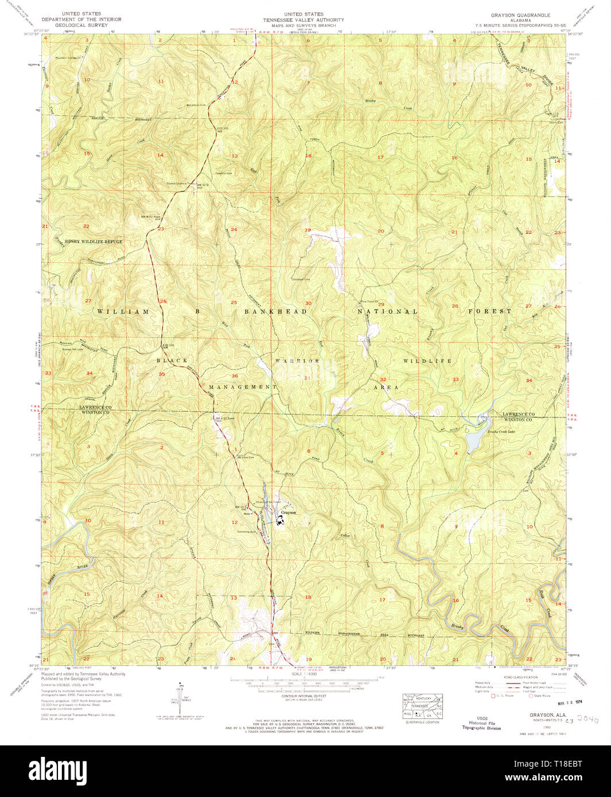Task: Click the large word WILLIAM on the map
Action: click(123, 311)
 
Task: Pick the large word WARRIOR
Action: click(297, 361)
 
